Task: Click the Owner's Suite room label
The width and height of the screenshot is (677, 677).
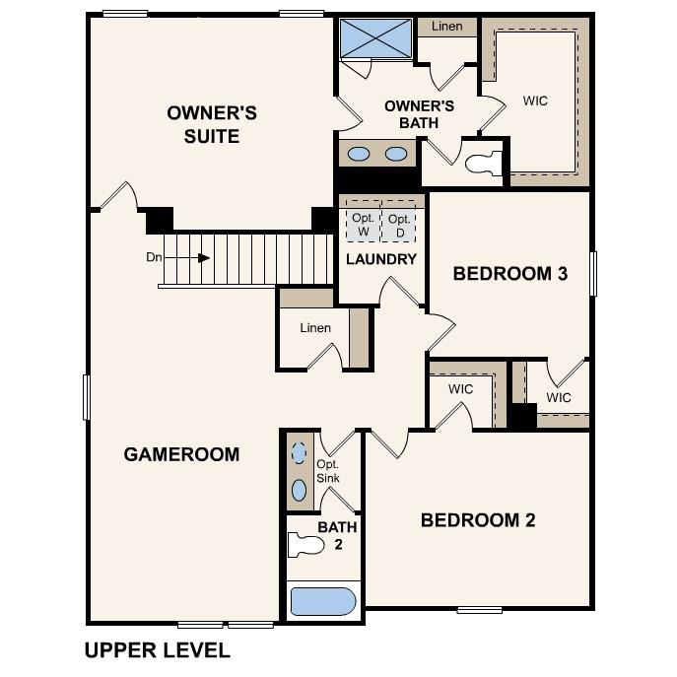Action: pyautogui.click(x=211, y=125)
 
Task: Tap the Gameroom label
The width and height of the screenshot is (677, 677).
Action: pyautogui.click(x=181, y=454)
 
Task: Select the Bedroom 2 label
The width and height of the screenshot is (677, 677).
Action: pyautogui.click(x=478, y=520)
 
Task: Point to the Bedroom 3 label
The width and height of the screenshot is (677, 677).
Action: pyautogui.click(x=509, y=274)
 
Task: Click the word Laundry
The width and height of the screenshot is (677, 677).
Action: pyautogui.click(x=381, y=259)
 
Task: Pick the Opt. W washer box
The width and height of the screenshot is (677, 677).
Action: pyautogui.click(x=362, y=224)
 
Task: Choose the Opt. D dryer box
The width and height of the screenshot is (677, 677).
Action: pyautogui.click(x=398, y=224)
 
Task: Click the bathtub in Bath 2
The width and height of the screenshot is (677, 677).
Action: pyautogui.click(x=321, y=601)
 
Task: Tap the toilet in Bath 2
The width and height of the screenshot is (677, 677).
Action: pyautogui.click(x=305, y=544)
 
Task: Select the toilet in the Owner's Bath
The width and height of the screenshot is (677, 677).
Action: pyautogui.click(x=482, y=164)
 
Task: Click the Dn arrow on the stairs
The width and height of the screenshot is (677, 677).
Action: pyautogui.click(x=201, y=258)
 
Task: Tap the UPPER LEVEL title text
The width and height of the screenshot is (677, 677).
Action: pyautogui.click(x=157, y=650)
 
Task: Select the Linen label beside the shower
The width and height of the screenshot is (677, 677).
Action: pyautogui.click(x=446, y=27)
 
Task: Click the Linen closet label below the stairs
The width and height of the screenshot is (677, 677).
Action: pyautogui.click(x=315, y=327)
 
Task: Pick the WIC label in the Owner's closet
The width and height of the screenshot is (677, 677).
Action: pyautogui.click(x=535, y=101)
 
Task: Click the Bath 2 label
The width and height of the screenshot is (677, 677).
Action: pyautogui.click(x=337, y=535)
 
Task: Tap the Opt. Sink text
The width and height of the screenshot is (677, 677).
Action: pyautogui.click(x=328, y=471)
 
